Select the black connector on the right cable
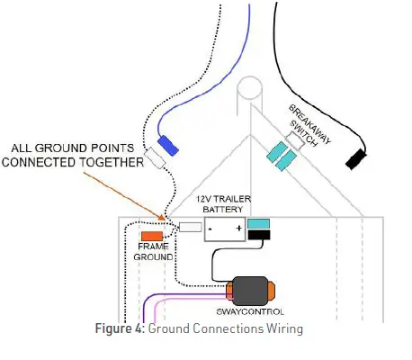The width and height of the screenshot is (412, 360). coord(354,159)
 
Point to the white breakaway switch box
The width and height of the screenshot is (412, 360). coord(292,141)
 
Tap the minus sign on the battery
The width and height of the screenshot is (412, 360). coord(210,228)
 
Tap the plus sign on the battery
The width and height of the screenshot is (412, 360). coord(237,228)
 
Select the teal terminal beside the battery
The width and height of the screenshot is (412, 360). coord(260,224)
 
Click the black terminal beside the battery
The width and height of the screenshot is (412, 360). coord(260,237)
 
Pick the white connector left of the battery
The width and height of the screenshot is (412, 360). coord(190,228)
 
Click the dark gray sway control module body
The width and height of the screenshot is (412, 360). coord(255,290)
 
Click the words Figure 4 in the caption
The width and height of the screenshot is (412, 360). coord(121,328)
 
